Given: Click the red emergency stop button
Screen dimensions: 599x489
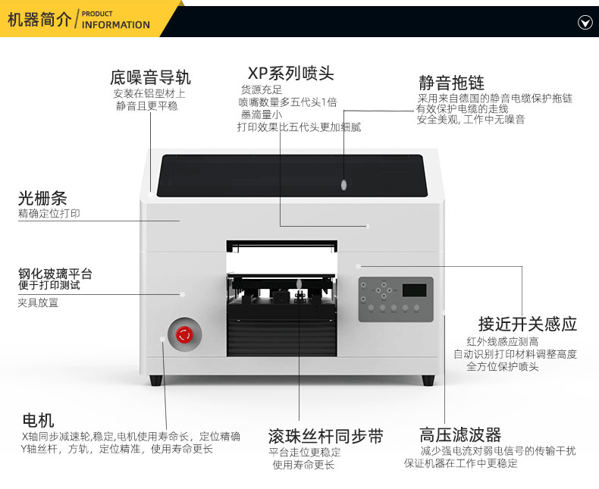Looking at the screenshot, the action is [183, 334].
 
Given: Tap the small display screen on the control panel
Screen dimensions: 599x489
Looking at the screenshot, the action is [413, 290].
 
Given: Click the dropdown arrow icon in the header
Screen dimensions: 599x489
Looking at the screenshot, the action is [585, 22].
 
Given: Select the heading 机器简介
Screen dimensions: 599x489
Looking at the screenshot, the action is [39, 20].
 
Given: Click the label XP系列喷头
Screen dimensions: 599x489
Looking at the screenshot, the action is [290, 74].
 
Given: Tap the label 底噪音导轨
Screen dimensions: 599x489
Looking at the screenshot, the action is [150, 77].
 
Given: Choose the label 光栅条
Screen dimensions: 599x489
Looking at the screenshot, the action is [42, 199].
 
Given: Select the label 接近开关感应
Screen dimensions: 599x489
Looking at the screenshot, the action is [528, 324].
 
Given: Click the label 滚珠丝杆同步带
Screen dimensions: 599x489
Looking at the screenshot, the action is [326, 436].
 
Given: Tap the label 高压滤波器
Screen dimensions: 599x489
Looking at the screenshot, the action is [460, 434].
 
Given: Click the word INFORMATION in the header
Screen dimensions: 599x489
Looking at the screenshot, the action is [116, 25].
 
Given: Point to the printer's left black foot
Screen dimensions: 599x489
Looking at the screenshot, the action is [155, 379].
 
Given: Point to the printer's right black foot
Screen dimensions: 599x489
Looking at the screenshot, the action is [428, 379].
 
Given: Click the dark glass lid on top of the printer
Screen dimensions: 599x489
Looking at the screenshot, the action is [290, 175].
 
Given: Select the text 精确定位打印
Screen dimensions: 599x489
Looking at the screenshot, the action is [49, 214].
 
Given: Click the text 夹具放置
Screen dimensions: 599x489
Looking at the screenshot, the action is [38, 302].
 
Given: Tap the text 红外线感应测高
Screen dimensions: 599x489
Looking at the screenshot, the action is [503, 341].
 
